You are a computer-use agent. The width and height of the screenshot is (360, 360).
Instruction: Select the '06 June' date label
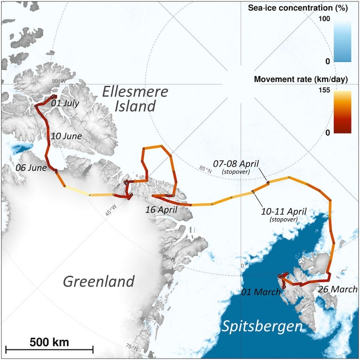pyautogui.click(x=31, y=167)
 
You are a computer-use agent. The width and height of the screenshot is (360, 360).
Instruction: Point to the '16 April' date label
pyautogui.click(x=162, y=209)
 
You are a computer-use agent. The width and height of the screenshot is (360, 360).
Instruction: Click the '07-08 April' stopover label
pyautogui.click(x=236, y=164)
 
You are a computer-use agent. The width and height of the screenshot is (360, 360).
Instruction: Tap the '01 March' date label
pyautogui.click(x=260, y=292)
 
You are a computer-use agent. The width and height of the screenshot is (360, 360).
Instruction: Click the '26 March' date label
pyautogui.click(x=338, y=289)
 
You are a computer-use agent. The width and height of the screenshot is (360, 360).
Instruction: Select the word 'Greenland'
pyautogui.click(x=99, y=281)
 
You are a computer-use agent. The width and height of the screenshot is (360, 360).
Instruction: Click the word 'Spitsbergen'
pyautogui.click(x=262, y=327)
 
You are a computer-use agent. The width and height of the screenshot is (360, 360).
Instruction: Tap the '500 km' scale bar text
pyautogui.click(x=49, y=342)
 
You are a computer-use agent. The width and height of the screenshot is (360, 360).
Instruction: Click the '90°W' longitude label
pyautogui.click(x=58, y=81)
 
